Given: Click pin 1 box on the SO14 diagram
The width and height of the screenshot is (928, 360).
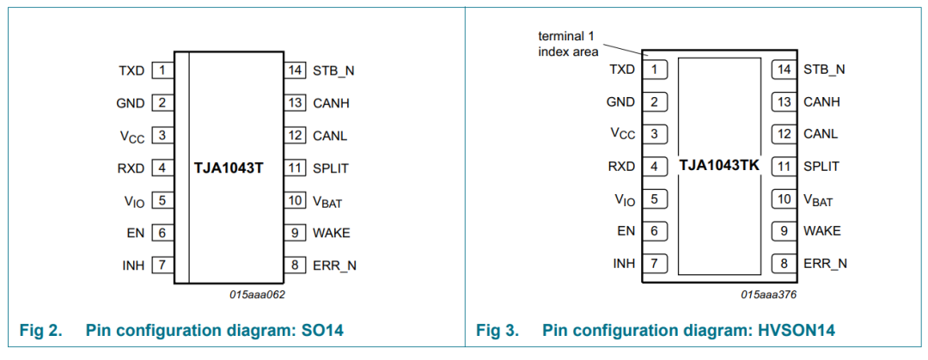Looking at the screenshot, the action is tap(162, 71).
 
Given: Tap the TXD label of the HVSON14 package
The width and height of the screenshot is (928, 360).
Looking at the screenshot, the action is tap(622, 70).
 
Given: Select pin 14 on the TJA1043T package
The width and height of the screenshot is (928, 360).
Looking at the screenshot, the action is tap(294, 71).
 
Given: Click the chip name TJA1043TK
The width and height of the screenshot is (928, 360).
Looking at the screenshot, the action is tap(718, 166).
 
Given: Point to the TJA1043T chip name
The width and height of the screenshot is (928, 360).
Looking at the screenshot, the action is tap(229, 168).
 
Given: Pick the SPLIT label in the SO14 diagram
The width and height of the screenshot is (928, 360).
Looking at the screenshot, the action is tap(330, 168).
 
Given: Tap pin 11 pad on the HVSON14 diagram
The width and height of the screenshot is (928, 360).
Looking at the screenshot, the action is tap(785, 167).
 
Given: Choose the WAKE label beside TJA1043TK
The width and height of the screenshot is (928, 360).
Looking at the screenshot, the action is tap(822, 231).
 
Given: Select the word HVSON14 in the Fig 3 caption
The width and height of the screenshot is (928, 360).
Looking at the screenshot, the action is tap(797, 331).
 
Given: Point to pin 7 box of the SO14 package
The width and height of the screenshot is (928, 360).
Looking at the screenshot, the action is tap(162, 265).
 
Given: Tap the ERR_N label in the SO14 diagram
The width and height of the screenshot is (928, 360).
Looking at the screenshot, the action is tap(335, 265).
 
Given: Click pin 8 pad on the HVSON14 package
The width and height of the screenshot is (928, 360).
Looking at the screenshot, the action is tap(785, 264).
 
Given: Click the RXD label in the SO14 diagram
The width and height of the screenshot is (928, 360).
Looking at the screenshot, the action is tap(131, 168).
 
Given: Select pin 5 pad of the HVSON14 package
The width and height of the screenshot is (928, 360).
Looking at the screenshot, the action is tap(654, 199).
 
